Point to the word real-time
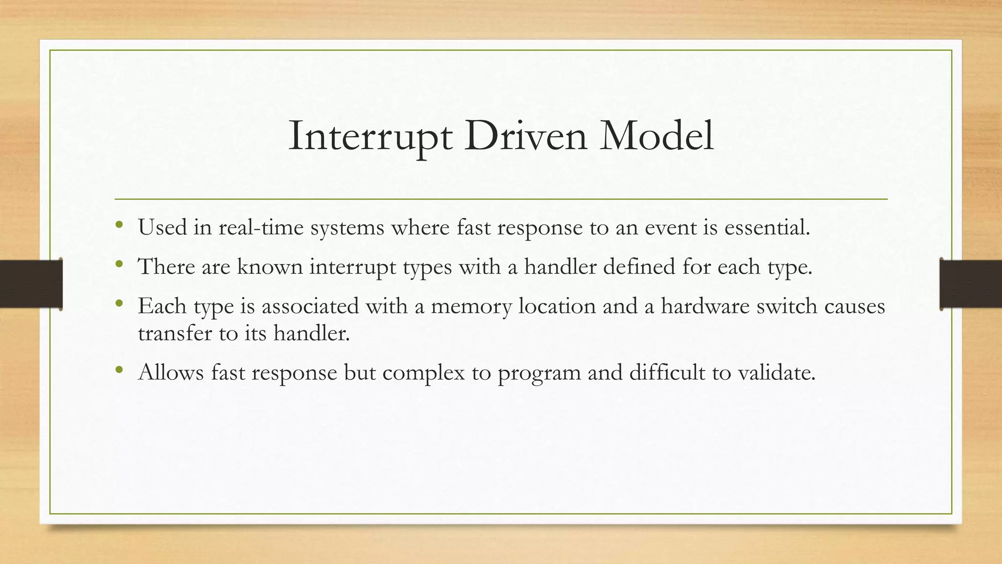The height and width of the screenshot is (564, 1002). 261,228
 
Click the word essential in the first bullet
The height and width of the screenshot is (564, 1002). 766,228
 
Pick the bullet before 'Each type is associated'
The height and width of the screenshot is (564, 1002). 119,305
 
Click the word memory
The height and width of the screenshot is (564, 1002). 471,307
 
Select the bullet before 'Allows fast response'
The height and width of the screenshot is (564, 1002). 119,371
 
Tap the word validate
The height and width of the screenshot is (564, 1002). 776,373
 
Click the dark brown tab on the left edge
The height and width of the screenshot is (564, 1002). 30,284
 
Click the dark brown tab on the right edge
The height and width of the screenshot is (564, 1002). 971,284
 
